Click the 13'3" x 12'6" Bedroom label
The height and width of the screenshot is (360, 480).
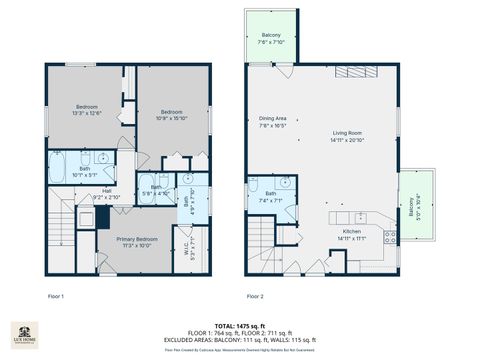pos(89,109)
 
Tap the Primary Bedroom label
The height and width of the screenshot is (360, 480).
pos(136,242)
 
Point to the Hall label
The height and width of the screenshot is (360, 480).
pos(106,195)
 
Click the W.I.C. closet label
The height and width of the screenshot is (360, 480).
pos(183,246)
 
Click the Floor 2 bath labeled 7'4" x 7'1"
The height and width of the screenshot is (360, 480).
pos(271,197)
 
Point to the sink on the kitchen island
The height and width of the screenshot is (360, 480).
pos(360,217)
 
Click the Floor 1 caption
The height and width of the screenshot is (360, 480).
pos(56,297)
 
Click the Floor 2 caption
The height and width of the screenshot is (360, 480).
pos(255,297)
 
